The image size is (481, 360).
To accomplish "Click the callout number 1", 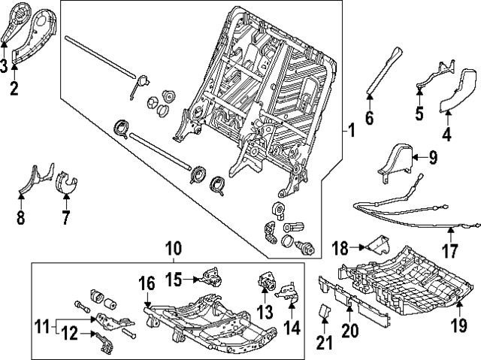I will click(x=351, y=130).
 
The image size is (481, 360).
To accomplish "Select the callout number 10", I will click(x=173, y=247).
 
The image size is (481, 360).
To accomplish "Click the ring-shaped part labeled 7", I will click(x=68, y=183).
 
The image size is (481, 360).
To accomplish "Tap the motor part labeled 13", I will click(x=267, y=281).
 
